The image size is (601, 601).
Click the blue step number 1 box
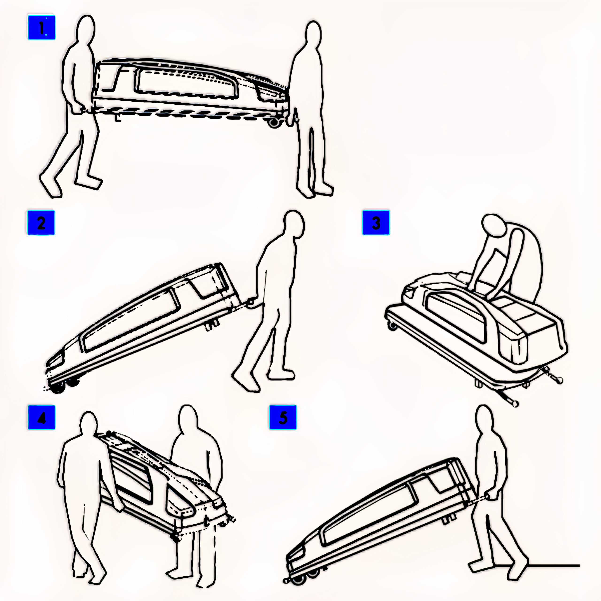point(41,27)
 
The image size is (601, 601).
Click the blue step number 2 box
point(41,223)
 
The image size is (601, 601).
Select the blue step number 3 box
point(376,223)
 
